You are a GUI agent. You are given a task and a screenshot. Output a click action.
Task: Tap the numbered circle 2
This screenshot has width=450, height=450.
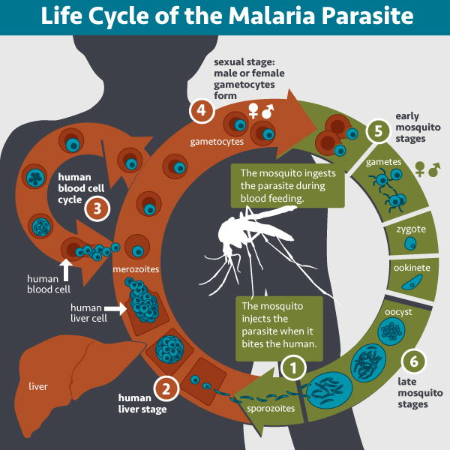tap(166, 388)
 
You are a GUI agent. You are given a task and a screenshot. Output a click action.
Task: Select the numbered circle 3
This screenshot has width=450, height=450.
tap(97, 207)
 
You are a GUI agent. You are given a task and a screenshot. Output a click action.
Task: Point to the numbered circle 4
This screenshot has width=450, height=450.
tap(200, 110)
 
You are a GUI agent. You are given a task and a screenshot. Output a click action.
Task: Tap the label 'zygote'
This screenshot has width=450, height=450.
tap(411, 229)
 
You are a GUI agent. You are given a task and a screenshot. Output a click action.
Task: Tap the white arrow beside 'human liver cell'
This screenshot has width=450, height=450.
tap(115, 307)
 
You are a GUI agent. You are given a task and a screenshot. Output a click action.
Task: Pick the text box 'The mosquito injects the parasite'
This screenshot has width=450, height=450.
tap(280, 325)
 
